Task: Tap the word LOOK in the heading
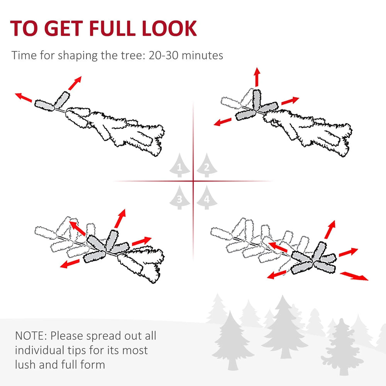(169, 28)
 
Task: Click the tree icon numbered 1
(180, 165)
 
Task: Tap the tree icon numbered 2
(207, 165)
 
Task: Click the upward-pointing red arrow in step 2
(257, 77)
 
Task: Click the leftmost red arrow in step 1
(24, 97)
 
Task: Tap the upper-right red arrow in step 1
(75, 83)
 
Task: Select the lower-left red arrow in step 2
(223, 122)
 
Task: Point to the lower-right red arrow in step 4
(354, 276)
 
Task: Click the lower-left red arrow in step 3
(70, 264)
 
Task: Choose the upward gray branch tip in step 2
(257, 99)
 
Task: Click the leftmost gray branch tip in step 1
(44, 106)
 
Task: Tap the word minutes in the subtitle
(202, 55)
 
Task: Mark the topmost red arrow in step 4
(330, 230)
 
